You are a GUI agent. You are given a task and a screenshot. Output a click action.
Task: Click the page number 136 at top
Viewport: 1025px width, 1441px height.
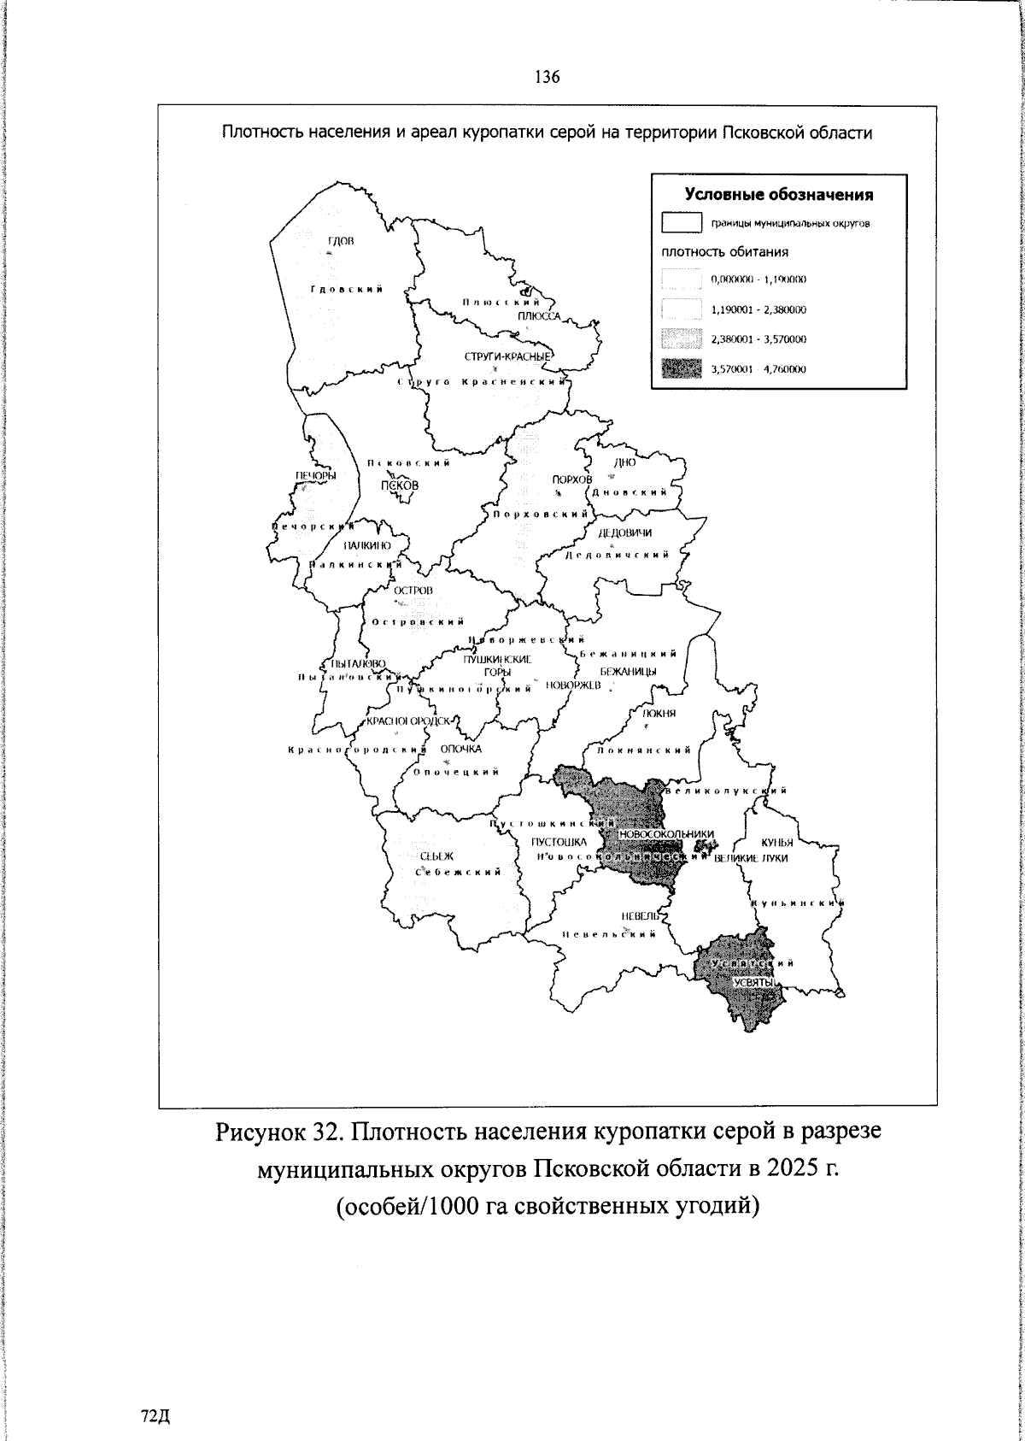coord(547,77)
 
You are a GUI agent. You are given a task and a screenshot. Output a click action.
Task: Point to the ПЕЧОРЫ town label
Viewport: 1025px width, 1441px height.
coord(315,476)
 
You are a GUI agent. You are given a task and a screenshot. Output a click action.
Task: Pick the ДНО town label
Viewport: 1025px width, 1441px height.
coord(625,462)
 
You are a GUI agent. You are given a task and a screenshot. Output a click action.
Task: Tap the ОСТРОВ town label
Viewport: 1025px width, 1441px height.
coord(413,591)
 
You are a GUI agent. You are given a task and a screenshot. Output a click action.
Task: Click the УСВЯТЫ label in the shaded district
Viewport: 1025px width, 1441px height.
coord(754,983)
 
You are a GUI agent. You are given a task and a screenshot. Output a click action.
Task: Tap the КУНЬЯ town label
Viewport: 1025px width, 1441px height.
coord(777,842)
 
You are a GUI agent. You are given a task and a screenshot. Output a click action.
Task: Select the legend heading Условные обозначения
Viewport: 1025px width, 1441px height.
coord(778,195)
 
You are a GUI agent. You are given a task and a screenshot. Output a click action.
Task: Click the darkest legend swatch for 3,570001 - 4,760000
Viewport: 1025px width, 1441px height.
coord(681,369)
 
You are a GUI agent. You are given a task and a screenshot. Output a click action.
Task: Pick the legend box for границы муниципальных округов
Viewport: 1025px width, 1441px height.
coord(681,224)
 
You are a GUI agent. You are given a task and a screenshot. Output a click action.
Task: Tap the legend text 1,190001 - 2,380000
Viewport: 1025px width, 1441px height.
coord(758,309)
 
